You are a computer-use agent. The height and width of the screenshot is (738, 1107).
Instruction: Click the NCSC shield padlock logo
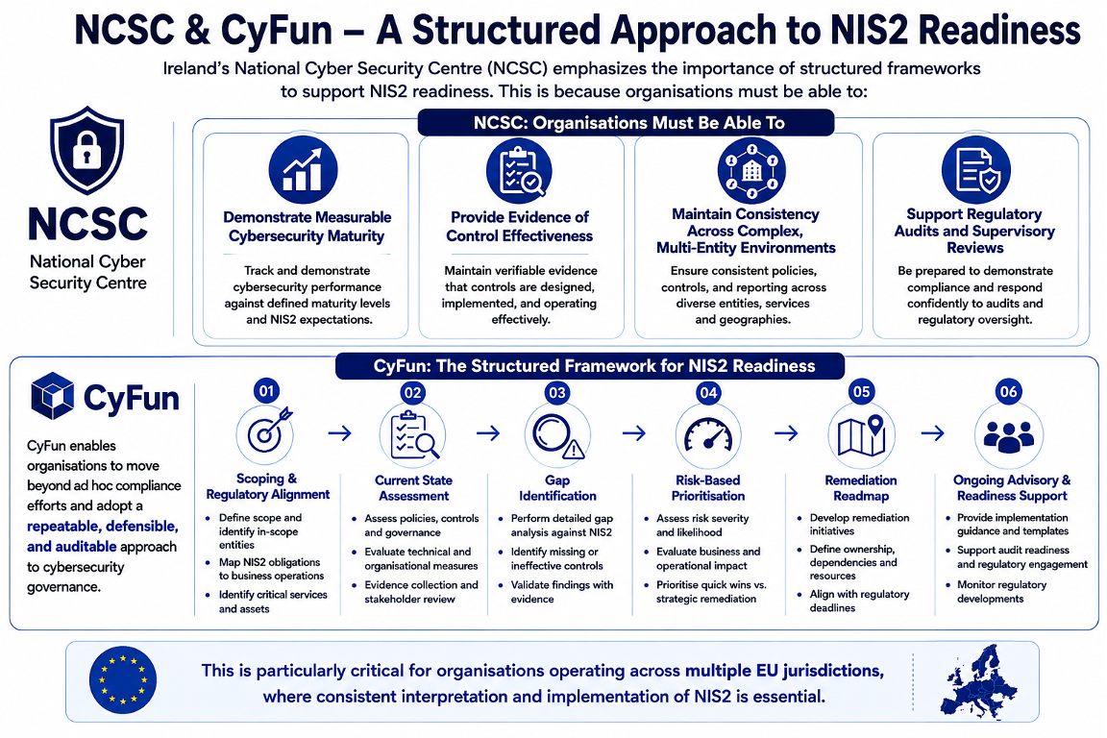tap(86, 150)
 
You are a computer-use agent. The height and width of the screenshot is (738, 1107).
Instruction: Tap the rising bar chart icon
tap(303, 170)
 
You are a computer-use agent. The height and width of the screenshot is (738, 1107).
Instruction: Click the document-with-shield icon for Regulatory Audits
tap(975, 170)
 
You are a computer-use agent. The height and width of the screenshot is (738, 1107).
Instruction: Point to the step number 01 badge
tap(266, 391)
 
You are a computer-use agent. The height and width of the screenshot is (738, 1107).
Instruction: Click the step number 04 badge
tap(708, 393)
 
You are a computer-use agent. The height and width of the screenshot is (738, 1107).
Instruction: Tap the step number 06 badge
tap(1008, 391)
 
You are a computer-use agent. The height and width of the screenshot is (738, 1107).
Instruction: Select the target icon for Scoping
tap(265, 433)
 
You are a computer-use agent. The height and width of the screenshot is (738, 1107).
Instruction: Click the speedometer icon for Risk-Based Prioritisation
tap(708, 435)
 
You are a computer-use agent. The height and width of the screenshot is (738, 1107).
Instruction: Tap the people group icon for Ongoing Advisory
tap(1008, 435)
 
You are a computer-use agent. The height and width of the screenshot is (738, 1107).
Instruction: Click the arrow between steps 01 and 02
tap(340, 432)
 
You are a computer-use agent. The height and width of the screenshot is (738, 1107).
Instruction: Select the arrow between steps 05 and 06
tap(933, 432)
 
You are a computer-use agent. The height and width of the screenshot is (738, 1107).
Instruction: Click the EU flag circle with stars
tap(123, 680)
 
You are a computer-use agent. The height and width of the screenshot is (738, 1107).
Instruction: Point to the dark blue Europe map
tap(978, 680)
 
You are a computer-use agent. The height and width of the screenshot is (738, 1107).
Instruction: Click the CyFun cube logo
tap(52, 396)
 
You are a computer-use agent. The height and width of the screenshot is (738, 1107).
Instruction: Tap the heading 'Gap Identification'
tap(557, 488)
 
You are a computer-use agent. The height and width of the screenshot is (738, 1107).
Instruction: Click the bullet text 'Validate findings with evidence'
tap(562, 592)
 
